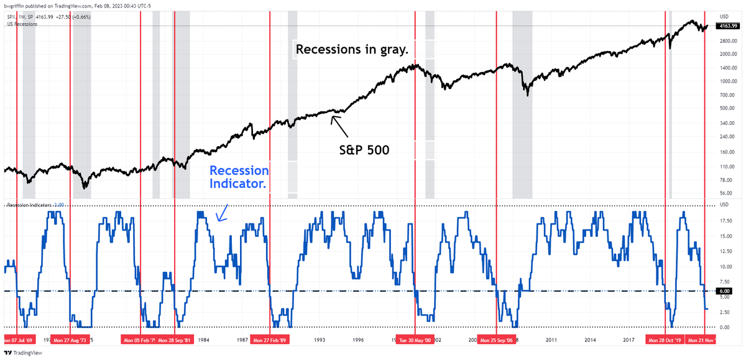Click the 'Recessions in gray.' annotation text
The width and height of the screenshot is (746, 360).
(352, 49)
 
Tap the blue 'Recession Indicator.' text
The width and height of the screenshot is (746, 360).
(239, 177)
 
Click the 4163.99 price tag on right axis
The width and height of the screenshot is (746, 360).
(727, 26)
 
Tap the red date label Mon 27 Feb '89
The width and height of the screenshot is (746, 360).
(269, 341)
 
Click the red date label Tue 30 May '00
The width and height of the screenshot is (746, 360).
(414, 341)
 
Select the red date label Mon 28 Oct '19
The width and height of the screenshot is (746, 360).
(665, 341)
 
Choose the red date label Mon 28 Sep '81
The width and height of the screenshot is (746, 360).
(174, 341)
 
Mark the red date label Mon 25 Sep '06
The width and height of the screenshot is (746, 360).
(495, 341)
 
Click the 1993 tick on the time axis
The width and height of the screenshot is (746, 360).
(319, 341)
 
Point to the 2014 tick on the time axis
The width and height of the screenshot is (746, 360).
(590, 341)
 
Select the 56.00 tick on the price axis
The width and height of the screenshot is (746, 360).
(724, 193)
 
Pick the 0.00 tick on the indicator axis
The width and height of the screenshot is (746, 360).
(724, 327)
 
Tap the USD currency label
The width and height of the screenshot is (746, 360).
(724, 16)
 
